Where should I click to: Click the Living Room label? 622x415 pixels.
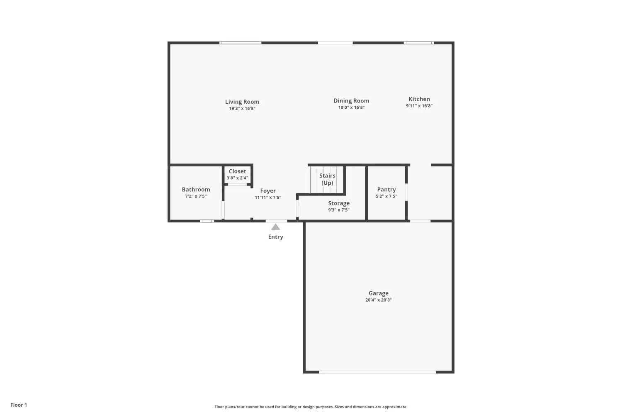tap(242, 102)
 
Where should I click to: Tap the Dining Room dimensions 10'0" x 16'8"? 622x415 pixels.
tap(351, 107)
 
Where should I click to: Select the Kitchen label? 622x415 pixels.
tap(419, 99)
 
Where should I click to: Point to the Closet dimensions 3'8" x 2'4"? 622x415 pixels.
tap(238, 178)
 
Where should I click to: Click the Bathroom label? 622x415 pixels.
tap(196, 190)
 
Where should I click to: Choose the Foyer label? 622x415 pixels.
tap(268, 191)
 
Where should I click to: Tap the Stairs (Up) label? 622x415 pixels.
tap(327, 179)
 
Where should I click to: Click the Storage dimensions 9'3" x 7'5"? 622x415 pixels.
tap(339, 210)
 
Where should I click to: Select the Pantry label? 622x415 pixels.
tap(386, 190)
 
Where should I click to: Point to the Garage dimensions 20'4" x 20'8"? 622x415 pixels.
tap(379, 300)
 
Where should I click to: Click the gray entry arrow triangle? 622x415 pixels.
tap(275, 227)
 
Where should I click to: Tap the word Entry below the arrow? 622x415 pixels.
tap(275, 237)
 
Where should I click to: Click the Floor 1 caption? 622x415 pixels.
tap(19, 405)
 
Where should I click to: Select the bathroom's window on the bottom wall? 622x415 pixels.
tap(207, 221)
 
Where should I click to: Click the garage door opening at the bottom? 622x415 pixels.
tap(378, 372)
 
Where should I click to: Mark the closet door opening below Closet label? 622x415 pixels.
tap(238, 184)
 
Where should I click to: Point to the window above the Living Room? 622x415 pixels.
tap(241, 43)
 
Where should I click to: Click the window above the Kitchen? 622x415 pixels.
tap(419, 43)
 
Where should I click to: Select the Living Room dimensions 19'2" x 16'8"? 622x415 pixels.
tap(242, 109)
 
